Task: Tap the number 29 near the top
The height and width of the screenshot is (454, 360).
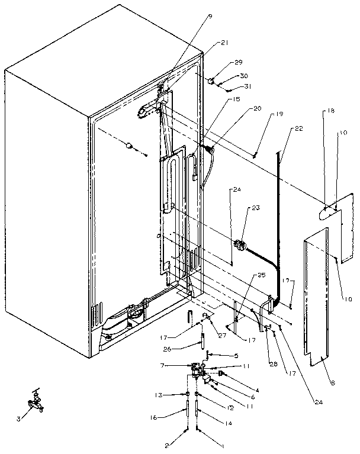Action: (238, 62)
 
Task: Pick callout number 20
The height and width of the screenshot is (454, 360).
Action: (256, 109)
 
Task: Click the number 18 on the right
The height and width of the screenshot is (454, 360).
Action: (329, 111)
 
